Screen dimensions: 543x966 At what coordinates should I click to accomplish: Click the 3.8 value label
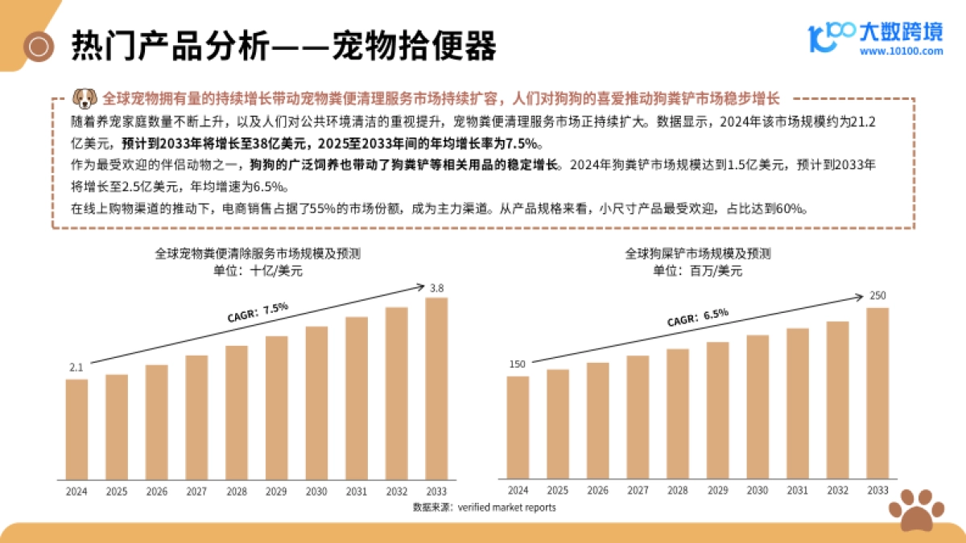point(436,288)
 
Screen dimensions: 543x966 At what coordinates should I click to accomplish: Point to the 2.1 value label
point(76,368)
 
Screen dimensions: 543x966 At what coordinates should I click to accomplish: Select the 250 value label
point(877,296)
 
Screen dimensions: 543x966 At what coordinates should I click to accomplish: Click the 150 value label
point(517,364)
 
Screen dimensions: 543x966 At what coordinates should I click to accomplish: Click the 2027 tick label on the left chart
point(196,491)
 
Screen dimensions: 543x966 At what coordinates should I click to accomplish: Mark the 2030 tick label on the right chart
point(757,491)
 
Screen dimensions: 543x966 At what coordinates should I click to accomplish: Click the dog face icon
point(84,98)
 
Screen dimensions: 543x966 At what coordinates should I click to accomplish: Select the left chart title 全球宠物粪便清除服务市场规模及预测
point(258,253)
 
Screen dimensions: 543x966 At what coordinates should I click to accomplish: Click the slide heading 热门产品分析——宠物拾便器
point(283,47)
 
